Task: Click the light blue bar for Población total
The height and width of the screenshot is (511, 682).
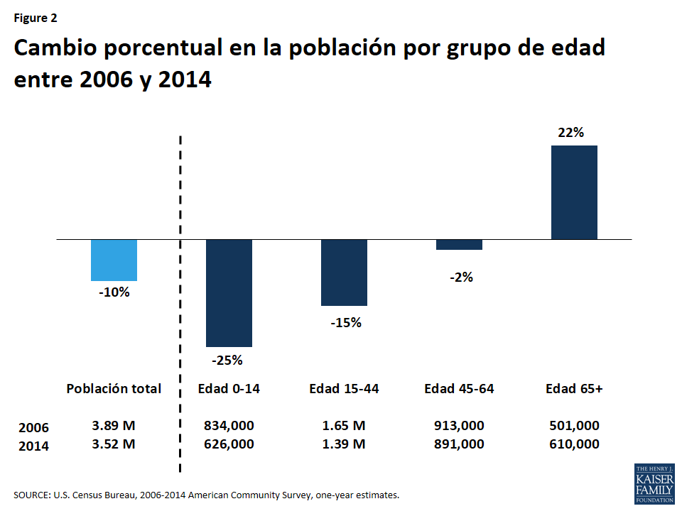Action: coord(114,260)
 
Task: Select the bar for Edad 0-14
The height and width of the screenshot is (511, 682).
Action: coord(229,292)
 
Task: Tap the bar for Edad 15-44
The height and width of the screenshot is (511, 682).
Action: coord(344,273)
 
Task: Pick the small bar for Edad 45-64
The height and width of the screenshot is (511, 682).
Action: coord(459,245)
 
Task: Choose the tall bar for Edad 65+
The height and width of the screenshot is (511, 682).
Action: coord(574,192)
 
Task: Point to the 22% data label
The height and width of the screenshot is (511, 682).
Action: coord(571,132)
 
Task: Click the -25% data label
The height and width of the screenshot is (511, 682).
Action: coord(227,360)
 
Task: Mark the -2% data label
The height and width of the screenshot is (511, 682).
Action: coord(461,278)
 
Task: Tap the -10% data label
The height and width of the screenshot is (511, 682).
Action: coord(114,292)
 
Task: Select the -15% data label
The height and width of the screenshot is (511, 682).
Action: coord(345,323)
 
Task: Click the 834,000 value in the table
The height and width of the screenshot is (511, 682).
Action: coord(229,426)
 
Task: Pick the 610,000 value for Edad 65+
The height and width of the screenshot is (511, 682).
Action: coord(574,444)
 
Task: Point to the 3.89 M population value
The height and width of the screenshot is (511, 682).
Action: coord(114,426)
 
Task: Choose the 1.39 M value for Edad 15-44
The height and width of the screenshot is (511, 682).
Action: coord(344,444)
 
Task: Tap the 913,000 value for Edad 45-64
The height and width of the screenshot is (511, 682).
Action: coord(459,426)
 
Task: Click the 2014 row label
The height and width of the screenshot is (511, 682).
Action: coord(33,446)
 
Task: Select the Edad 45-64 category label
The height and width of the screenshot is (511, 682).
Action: coord(459,389)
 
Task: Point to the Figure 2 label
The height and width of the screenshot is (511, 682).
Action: coord(36,18)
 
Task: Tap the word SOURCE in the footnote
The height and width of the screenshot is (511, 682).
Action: coord(31,495)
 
